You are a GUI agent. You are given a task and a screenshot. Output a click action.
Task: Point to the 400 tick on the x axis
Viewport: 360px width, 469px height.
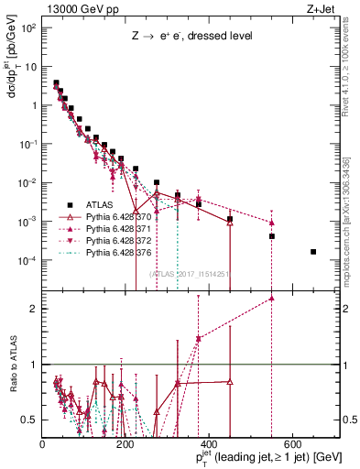[x=209, y=444]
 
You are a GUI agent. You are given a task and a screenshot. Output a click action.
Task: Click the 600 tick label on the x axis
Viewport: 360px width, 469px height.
[x=292, y=444]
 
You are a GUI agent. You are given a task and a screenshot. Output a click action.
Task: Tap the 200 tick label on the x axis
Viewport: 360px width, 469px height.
[x=125, y=444]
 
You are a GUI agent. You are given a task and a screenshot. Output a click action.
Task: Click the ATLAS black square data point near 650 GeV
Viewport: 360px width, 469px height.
[x=313, y=252]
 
